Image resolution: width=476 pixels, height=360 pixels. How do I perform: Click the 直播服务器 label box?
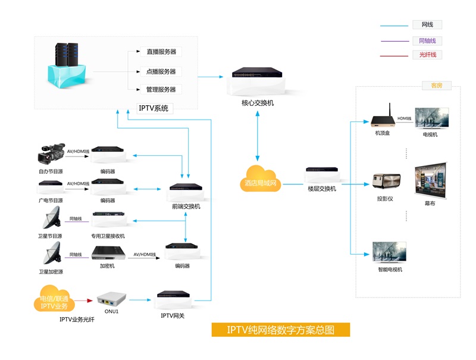[161, 52]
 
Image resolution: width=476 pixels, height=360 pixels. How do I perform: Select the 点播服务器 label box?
[161, 71]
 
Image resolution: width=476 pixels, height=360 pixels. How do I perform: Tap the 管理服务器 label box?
[161, 90]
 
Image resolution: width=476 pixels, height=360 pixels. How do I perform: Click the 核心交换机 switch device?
[257, 74]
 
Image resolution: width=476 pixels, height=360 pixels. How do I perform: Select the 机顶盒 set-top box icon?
[381, 119]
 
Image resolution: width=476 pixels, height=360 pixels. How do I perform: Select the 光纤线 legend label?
[428, 55]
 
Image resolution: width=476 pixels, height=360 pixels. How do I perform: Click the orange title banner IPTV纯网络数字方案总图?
[281, 330]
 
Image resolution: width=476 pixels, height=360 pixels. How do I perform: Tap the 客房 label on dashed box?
[436, 86]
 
